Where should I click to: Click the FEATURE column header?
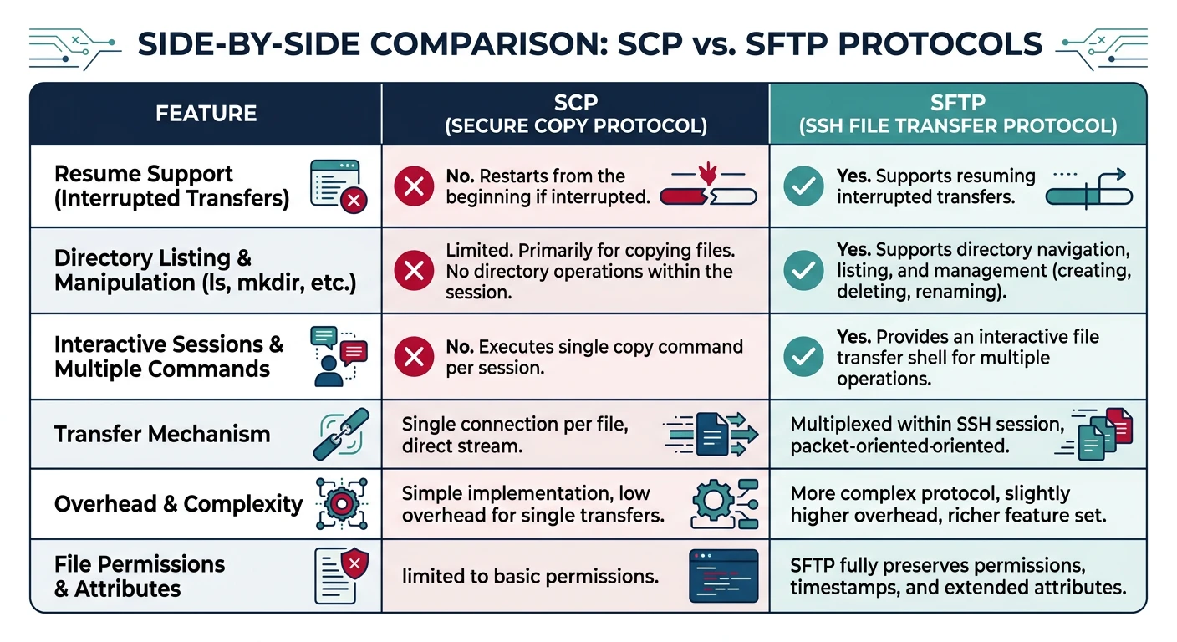point(206,114)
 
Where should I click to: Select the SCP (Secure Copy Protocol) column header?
point(576,114)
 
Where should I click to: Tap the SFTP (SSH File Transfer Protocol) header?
point(958,114)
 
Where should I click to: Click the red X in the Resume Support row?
point(414,186)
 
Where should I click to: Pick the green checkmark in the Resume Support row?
point(803,186)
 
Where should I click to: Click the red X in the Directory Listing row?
point(414,271)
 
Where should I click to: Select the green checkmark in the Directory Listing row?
point(803,271)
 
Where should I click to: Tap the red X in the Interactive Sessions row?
point(414,357)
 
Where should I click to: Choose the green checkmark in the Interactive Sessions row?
point(803,357)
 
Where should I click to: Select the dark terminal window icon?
point(723,576)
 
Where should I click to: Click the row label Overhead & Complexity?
point(178,504)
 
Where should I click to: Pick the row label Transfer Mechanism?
point(162,434)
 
